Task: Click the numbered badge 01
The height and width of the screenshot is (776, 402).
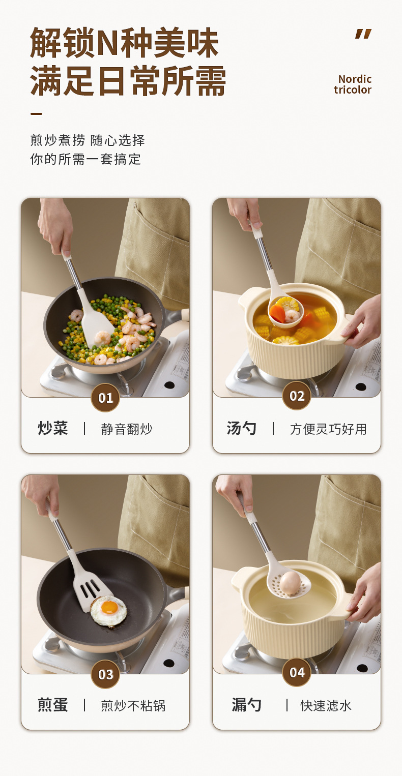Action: point(105,398)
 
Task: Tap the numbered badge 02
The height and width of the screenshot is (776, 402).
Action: point(297,396)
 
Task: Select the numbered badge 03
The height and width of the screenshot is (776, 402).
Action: point(105,674)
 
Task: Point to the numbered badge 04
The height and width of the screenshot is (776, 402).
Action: point(297,672)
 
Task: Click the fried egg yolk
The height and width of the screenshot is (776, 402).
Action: point(110,607)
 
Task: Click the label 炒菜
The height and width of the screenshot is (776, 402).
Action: point(53,429)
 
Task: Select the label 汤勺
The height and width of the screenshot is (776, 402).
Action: point(242,429)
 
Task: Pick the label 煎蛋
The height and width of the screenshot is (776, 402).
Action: point(53,705)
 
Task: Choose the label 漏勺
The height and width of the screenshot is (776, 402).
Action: point(246,705)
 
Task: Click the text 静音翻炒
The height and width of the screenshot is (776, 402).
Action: point(127,429)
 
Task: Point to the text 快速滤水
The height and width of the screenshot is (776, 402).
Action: point(326,706)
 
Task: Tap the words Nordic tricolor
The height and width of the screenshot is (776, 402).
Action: point(353,84)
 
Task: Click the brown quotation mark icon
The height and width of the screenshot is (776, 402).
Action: point(363,34)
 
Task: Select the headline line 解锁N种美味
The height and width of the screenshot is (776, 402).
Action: point(124,43)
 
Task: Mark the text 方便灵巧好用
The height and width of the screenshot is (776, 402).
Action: point(328,429)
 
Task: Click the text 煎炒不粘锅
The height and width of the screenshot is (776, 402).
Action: point(133,706)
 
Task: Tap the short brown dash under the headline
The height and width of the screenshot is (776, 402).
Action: point(37,113)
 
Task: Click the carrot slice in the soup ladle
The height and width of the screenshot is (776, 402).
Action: point(278,312)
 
